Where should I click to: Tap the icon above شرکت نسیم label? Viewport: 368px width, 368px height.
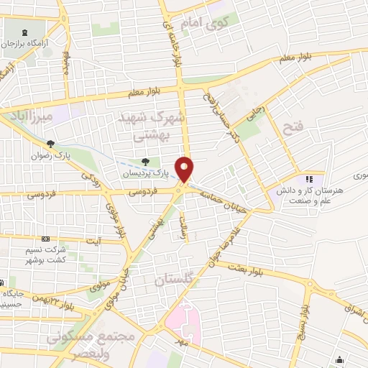click(x=46, y=239)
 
